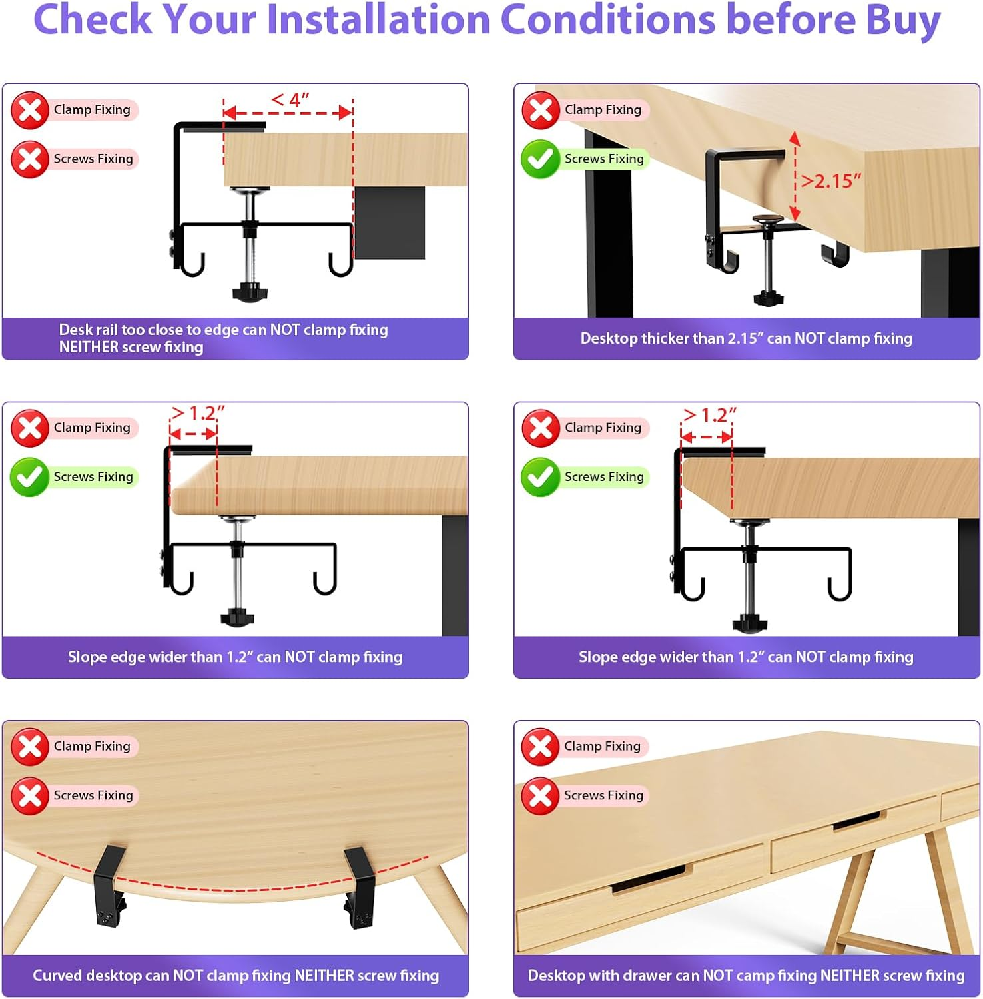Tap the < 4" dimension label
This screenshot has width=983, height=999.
point(290,100)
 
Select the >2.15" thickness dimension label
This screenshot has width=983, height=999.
point(830,181)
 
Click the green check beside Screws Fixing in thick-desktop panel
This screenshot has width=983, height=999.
point(540,159)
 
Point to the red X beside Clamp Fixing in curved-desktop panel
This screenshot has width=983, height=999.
point(30,747)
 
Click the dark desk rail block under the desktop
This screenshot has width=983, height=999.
point(390,222)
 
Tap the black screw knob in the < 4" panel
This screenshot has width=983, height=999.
point(250,292)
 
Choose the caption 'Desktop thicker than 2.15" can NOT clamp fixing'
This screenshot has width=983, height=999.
point(746,338)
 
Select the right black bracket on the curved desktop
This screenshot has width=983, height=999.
point(359,886)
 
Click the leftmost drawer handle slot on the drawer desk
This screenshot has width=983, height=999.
point(648,879)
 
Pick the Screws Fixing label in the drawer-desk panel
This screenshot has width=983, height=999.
point(603,795)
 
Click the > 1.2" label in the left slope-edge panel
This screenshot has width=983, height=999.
point(198,414)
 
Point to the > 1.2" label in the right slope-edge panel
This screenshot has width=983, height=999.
point(709,416)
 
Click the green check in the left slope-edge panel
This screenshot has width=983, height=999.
point(30,477)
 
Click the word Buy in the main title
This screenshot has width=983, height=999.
point(902,20)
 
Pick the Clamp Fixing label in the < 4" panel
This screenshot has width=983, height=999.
point(92,110)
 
